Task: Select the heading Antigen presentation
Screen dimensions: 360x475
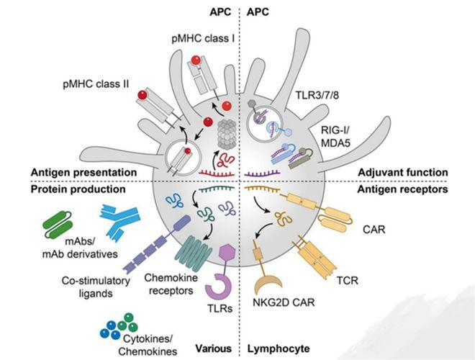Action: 84,173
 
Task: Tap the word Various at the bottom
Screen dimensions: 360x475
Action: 213,348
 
